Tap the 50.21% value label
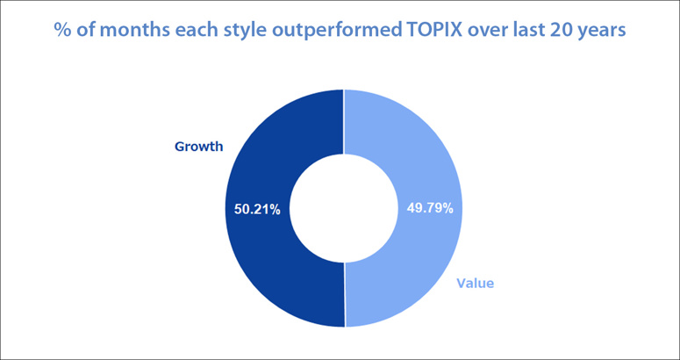point(257,210)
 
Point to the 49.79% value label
point(430,209)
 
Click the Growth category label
point(198,147)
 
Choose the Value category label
point(476,284)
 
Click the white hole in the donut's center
point(344,208)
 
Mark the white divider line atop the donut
point(343,122)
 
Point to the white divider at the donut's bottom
point(344,294)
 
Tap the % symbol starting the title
point(61,32)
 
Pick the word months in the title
point(123,32)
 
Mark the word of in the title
point(81,31)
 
